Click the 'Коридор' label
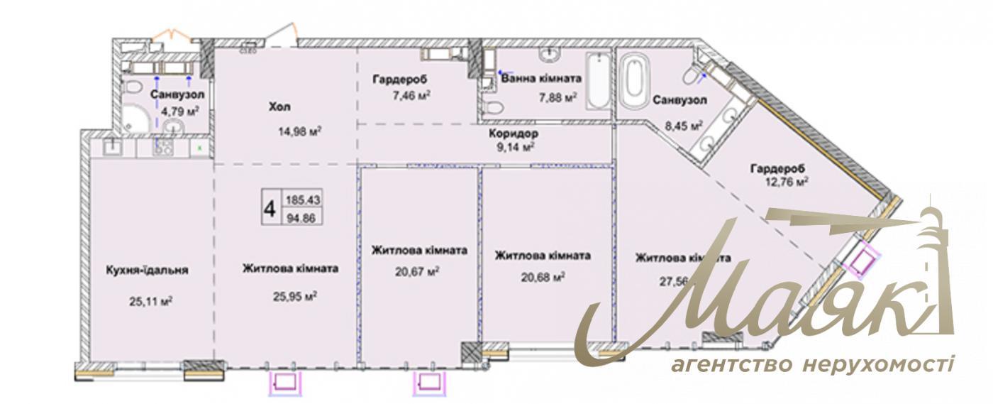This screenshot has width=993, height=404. click(x=513, y=133)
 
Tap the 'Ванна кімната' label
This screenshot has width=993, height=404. click(x=541, y=79)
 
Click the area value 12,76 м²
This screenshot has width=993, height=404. click(x=787, y=182)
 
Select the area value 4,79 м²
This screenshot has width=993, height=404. click(x=179, y=111)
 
